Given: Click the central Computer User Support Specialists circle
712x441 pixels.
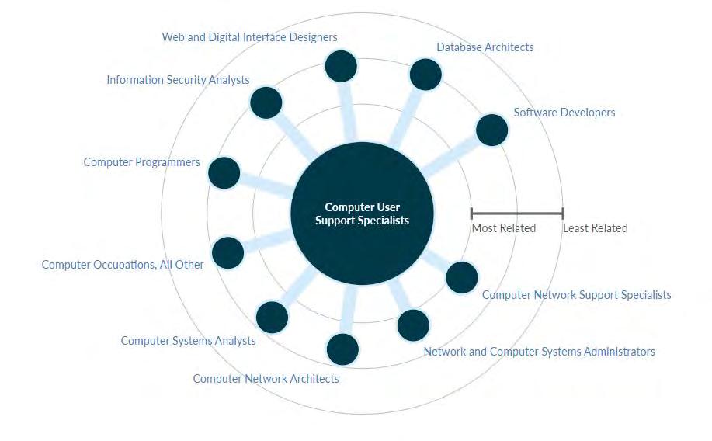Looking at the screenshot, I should (x=362, y=214).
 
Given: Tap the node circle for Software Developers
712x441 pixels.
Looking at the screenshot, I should (x=491, y=130).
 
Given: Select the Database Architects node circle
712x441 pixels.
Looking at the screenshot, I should (x=425, y=75).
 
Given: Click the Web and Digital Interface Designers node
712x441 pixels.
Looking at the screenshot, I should (x=341, y=66).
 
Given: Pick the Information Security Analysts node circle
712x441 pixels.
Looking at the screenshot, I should (x=266, y=102).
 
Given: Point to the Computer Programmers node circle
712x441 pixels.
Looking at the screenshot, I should (x=224, y=172).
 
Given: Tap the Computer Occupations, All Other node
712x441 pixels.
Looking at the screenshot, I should (x=228, y=252).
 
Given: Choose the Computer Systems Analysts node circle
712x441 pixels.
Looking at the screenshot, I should (x=272, y=317).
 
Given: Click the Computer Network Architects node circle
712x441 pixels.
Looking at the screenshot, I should (x=342, y=349).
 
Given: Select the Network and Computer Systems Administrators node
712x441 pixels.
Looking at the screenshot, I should (x=413, y=325).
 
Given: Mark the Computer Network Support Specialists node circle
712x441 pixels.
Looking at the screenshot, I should (x=462, y=277).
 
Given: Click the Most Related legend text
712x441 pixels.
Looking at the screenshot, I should (x=504, y=228).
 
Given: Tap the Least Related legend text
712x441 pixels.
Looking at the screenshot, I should (x=595, y=228).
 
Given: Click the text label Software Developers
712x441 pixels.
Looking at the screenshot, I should (x=564, y=113).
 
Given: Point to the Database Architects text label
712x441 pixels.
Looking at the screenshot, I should (x=485, y=47).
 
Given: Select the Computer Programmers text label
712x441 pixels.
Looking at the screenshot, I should (x=141, y=162).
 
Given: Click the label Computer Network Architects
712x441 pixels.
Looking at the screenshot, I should (x=266, y=379).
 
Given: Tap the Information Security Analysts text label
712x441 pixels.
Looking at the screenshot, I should (x=178, y=80).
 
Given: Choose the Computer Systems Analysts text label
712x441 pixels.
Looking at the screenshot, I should (x=188, y=341).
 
